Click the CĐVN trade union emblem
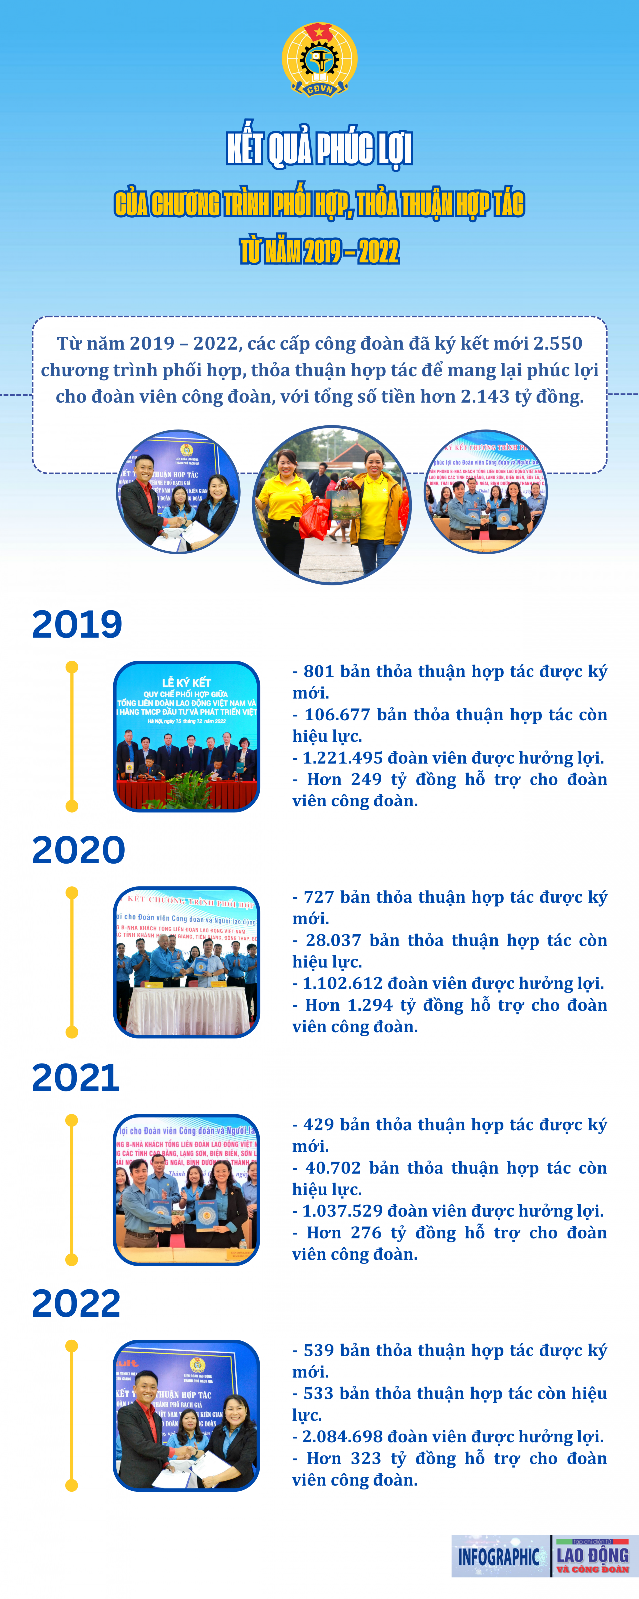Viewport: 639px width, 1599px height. click(x=319, y=60)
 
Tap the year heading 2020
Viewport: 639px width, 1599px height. click(x=79, y=850)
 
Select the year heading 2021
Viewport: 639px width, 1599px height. click(x=76, y=1078)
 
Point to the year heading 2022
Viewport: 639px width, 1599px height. click(x=76, y=1304)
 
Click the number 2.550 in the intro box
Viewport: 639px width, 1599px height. click(x=558, y=343)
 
